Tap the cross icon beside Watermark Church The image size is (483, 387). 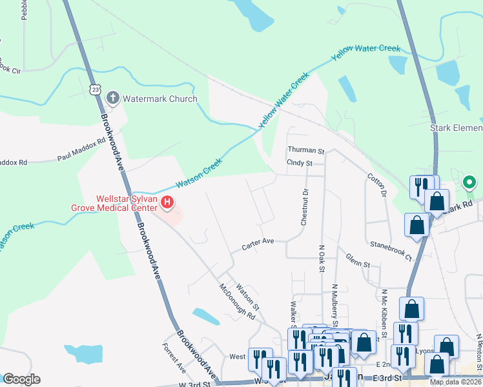click(x=113, y=98)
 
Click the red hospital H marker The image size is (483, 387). click(x=167, y=203)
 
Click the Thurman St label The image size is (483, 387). click(x=305, y=150)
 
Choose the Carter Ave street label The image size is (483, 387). click(x=258, y=241)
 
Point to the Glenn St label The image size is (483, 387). click(x=358, y=264)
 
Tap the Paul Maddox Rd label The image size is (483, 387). click(x=81, y=149)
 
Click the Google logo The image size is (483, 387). click(x=21, y=379)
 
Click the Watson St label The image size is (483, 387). click(x=247, y=296)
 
